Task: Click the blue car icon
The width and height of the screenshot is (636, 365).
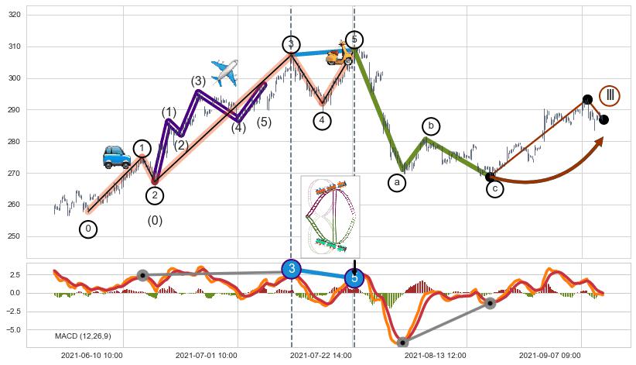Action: point(116,157)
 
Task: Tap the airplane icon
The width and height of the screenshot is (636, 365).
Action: point(224,73)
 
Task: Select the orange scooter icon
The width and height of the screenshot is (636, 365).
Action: point(339,53)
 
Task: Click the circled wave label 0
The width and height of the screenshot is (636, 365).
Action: point(88,229)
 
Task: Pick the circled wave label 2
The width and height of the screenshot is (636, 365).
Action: point(155,195)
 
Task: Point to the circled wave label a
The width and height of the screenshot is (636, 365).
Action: point(397,183)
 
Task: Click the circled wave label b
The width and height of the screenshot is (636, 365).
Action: point(431,126)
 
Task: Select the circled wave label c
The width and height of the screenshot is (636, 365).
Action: point(495,188)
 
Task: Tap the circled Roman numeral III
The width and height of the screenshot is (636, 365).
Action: point(610,95)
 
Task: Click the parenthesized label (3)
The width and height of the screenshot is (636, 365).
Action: point(198,81)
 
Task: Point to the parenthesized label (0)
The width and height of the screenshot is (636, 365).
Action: point(155,221)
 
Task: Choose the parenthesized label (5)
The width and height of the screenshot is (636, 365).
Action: point(264,122)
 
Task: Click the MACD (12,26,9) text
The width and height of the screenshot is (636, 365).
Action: point(83,336)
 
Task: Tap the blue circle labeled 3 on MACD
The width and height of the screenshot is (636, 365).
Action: point(291,269)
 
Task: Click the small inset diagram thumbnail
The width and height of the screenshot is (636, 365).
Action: point(330,215)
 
